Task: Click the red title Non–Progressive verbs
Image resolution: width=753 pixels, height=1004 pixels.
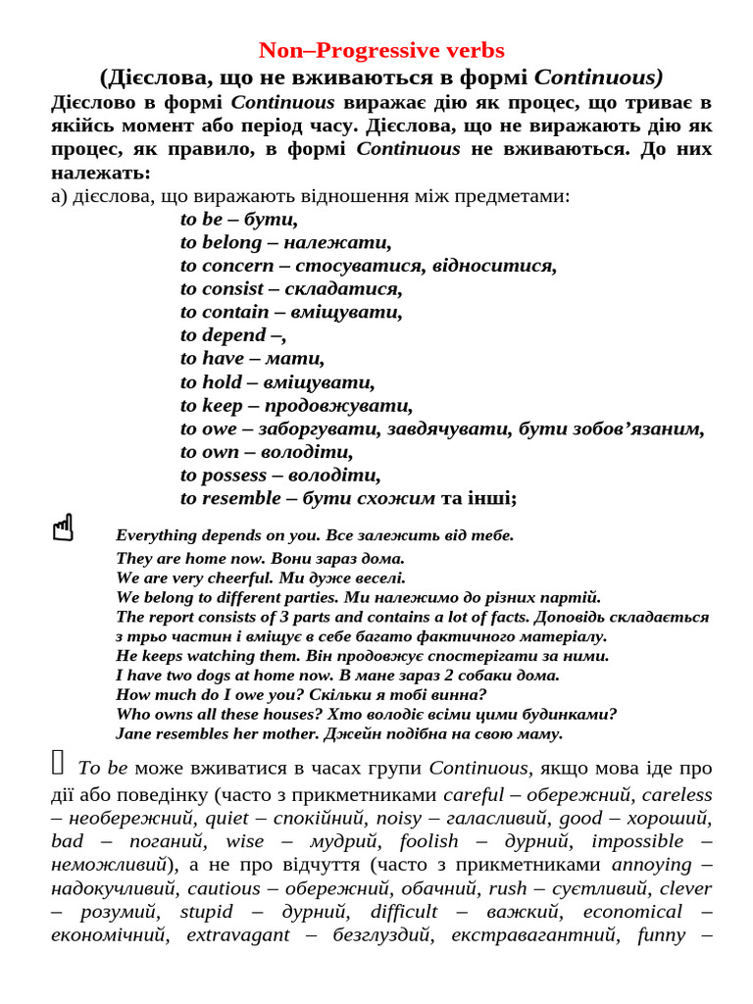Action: click(381, 50)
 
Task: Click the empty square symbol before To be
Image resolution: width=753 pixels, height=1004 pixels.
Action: click(58, 761)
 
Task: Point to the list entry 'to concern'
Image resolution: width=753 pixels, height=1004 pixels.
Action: click(226, 266)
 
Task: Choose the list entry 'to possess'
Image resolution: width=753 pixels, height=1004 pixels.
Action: click(224, 475)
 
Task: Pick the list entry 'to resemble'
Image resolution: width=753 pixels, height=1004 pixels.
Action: click(230, 498)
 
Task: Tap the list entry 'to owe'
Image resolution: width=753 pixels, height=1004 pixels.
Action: click(209, 428)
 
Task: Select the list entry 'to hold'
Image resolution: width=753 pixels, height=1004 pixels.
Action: click(211, 382)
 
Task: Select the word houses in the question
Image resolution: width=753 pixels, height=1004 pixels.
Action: click(289, 714)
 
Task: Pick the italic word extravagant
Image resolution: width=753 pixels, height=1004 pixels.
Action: click(238, 935)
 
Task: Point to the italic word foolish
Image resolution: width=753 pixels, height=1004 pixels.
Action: click(427, 841)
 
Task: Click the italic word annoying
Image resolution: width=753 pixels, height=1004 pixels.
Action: click(652, 865)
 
